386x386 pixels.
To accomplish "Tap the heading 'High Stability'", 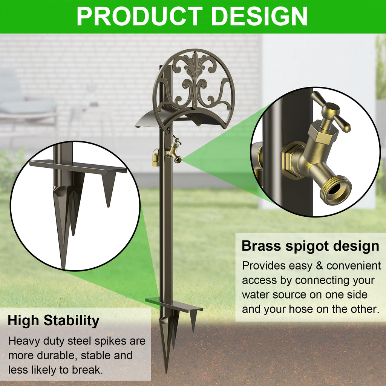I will (x=54, y=321).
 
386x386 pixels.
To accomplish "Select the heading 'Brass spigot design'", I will (x=310, y=246).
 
